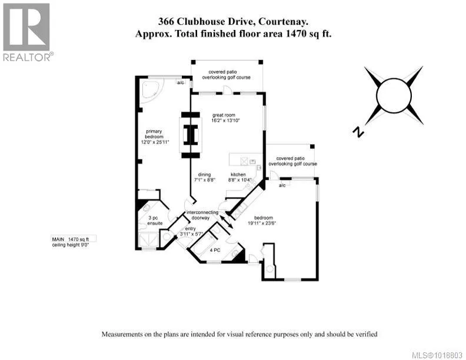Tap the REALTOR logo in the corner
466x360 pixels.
click(x=27, y=31)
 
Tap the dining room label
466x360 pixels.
click(x=204, y=177)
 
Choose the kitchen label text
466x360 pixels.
click(x=239, y=177)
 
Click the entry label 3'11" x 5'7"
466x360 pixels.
click(x=191, y=231)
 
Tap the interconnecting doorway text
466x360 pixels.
click(x=202, y=215)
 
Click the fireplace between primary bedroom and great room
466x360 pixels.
click(x=189, y=135)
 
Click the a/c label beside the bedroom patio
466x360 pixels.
click(x=282, y=186)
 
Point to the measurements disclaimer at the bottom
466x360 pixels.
click(x=239, y=334)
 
